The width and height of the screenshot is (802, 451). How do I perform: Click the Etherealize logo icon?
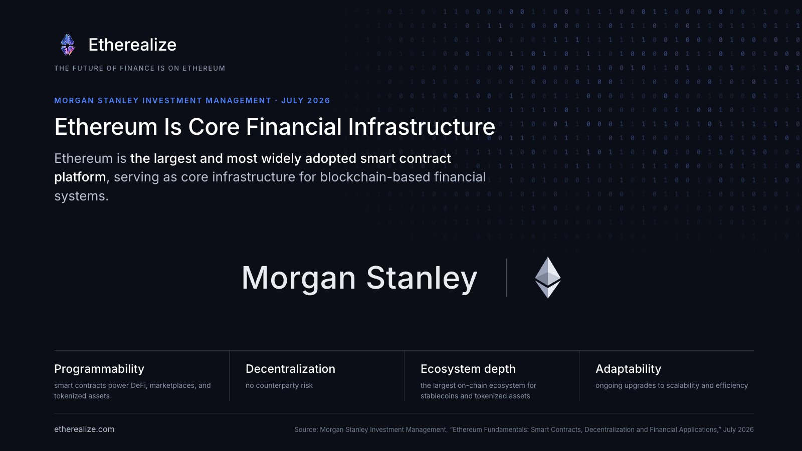(68, 45)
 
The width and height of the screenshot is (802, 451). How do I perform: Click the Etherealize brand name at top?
(132, 45)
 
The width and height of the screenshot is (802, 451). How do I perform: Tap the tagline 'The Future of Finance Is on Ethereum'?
(140, 68)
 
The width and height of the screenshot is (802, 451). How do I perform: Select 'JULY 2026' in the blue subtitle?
(305, 101)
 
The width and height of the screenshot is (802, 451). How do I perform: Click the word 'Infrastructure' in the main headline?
(422, 127)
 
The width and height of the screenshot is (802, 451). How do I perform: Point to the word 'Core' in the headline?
(214, 127)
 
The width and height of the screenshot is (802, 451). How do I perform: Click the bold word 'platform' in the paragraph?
(80, 177)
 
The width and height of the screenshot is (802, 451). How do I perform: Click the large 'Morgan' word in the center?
(299, 279)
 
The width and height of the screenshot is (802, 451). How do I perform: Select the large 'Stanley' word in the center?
(422, 278)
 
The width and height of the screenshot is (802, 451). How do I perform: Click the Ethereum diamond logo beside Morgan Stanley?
(548, 278)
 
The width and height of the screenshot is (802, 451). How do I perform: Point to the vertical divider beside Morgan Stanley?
(506, 278)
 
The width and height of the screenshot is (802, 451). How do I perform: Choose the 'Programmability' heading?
(99, 369)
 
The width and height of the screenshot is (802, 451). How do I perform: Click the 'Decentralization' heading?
(290, 369)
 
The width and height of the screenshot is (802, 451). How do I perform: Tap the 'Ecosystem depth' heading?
(468, 369)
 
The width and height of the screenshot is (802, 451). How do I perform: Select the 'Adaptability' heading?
(629, 369)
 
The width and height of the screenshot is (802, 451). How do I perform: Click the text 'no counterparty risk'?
(279, 385)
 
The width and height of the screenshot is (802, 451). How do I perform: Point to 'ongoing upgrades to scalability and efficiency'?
(672, 385)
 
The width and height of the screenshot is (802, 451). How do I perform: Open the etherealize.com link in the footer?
(84, 429)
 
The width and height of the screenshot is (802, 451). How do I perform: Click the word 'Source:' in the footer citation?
(306, 429)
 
